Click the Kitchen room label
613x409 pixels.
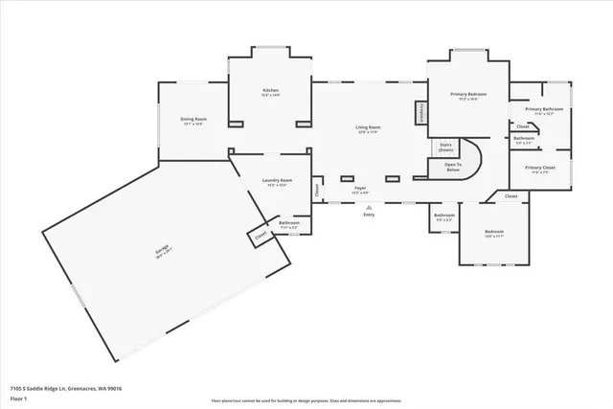pyautogui.click(x=271, y=90)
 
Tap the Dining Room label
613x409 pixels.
pyautogui.click(x=193, y=120)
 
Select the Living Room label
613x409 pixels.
pyautogui.click(x=369, y=127)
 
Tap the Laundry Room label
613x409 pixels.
pyautogui.click(x=278, y=180)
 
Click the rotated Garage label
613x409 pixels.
pyautogui.click(x=163, y=250)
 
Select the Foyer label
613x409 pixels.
pyautogui.click(x=361, y=189)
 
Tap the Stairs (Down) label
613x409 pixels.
pyautogui.click(x=446, y=148)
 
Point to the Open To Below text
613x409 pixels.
pyautogui.click(x=452, y=166)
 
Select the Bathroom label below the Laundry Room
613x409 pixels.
pyautogui.click(x=289, y=224)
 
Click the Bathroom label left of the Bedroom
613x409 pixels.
pyautogui.click(x=443, y=216)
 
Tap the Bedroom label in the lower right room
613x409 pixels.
pyautogui.click(x=494, y=232)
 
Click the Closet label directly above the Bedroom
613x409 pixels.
pyautogui.click(x=511, y=195)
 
